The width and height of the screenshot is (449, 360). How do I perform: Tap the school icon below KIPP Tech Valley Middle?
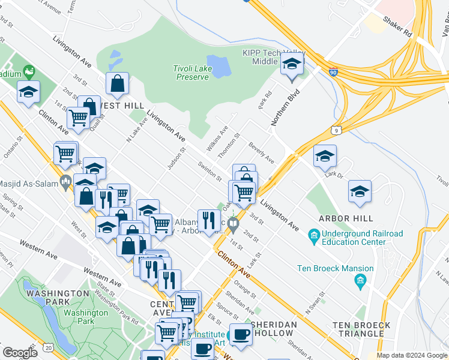pos(292,65)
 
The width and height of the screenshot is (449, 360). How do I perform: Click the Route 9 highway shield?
pos(336,130)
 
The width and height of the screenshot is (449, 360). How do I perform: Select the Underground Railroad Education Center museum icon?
pos(313,234)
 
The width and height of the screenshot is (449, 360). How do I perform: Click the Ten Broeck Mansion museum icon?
pos(360,280)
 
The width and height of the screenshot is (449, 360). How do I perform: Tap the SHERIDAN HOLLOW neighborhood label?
pos(274,329)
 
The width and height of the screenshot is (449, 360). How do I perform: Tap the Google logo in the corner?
pos(20,353)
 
